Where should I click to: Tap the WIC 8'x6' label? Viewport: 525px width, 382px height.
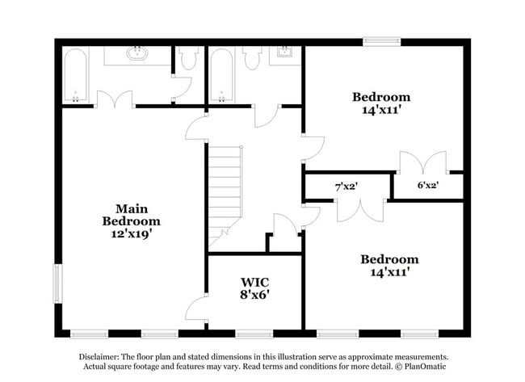tap(254, 288)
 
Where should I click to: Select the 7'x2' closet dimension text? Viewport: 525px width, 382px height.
tap(346, 186)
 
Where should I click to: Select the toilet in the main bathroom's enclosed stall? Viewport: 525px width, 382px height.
tap(189, 57)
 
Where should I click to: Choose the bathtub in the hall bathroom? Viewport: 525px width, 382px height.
tap(220, 75)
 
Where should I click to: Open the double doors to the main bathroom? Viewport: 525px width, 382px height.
tap(114, 99)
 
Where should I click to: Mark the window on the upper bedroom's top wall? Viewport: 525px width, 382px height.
tap(381, 40)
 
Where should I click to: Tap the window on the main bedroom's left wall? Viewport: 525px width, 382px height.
tap(57, 283)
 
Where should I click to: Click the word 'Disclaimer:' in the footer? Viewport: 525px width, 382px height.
tap(99, 356)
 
